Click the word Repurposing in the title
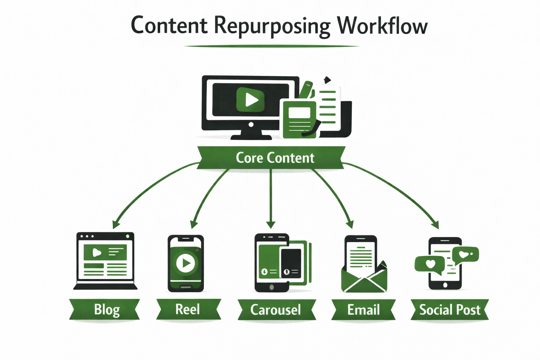[272, 26]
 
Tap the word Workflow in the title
[382, 26]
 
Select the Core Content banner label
[275, 158]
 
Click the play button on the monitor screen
[250, 99]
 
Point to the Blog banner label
[107, 310]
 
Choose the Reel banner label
[187, 309]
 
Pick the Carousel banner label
[276, 310]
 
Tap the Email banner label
[363, 310]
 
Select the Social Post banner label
[450, 310]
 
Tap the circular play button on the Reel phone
[185, 263]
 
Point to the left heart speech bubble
[430, 264]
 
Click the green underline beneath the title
[271, 46]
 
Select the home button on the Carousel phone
[271, 287]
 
